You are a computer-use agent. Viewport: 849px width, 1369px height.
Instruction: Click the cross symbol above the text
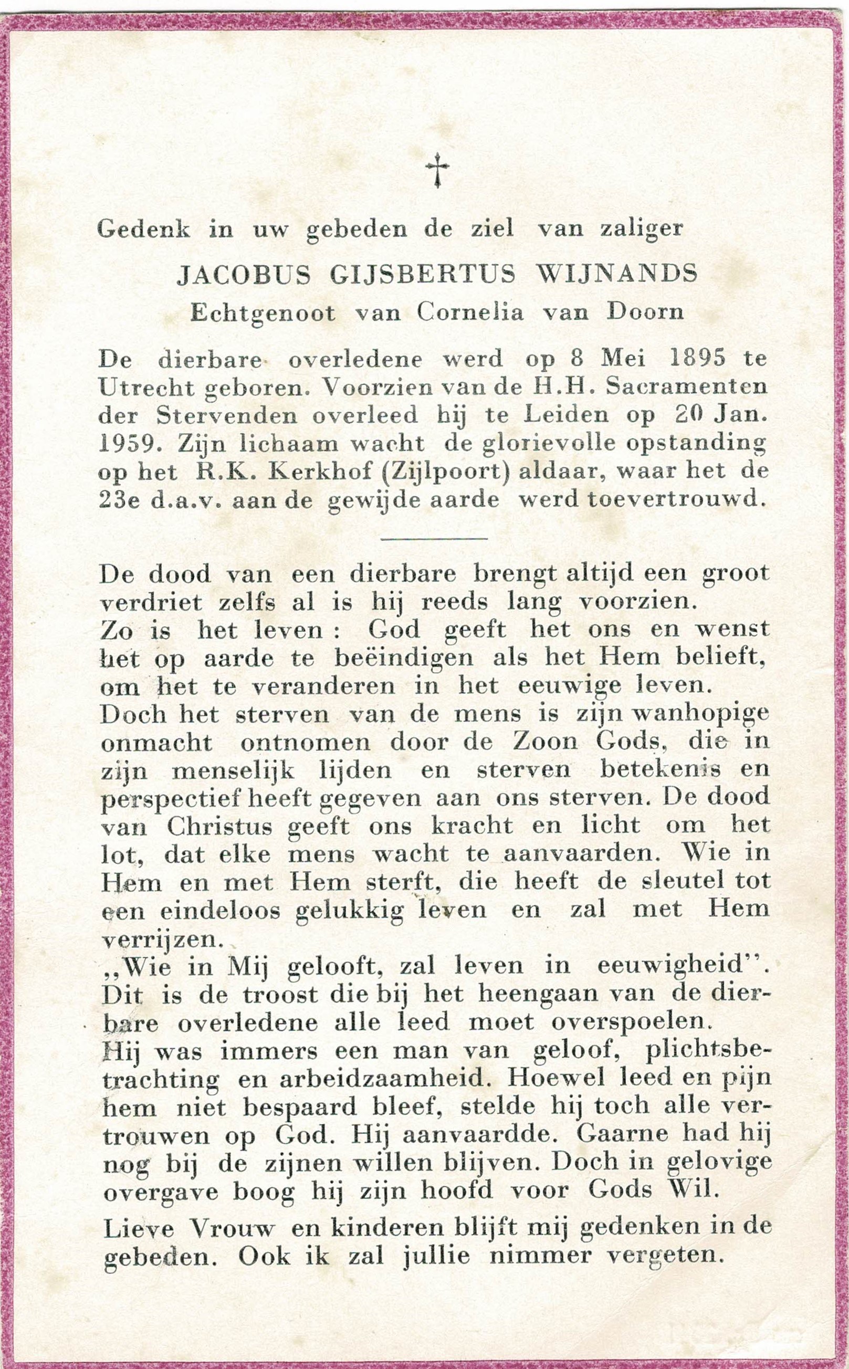437,171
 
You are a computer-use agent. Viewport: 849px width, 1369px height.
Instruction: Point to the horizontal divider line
434,539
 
